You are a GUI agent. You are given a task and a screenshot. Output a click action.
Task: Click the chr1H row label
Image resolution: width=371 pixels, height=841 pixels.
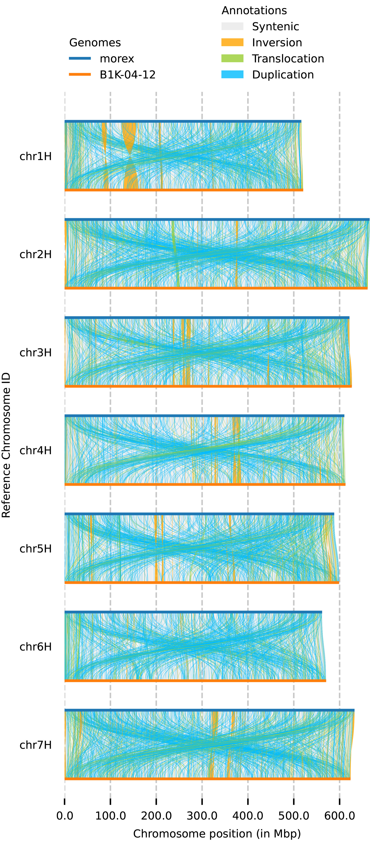pos(36,156)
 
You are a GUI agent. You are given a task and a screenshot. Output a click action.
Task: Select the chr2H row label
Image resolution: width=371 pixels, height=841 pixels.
pos(36,254)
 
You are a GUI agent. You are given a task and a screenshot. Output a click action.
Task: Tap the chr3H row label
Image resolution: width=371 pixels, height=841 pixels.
pos(36,353)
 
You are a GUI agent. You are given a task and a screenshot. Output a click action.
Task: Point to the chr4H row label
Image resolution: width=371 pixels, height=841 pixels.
pos(36,450)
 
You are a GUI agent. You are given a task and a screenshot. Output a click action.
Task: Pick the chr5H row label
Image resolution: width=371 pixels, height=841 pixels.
pos(36,549)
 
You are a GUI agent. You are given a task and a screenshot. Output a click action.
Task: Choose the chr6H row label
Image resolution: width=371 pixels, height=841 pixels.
pos(36,647)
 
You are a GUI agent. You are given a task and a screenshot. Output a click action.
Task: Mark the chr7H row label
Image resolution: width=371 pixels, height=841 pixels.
pos(36,745)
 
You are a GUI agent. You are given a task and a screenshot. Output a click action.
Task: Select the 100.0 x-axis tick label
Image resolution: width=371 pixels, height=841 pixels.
pos(111,816)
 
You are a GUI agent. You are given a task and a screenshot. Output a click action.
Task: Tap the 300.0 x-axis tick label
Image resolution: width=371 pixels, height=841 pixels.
pos(202,816)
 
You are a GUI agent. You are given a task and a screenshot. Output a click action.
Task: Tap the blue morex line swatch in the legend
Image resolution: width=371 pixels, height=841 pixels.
pos(80,58)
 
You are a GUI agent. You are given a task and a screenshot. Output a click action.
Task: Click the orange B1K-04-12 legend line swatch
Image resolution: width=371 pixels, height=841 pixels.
pos(80,75)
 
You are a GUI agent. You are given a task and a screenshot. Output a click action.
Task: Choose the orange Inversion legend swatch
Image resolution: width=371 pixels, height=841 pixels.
pos(232,42)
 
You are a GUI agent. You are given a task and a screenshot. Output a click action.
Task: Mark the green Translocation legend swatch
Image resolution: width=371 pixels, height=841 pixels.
pos(232,58)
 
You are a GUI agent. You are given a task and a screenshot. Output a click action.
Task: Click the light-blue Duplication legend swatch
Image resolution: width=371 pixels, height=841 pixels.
pos(232,75)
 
